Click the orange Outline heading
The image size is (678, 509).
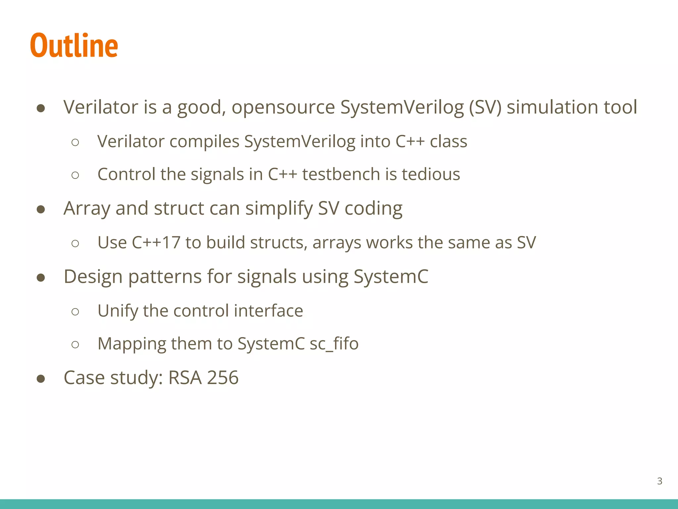[74, 45]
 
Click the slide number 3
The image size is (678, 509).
[659, 481]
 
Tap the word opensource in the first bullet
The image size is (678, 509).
[283, 107]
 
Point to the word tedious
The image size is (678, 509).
[431, 174]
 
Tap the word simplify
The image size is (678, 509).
[279, 208]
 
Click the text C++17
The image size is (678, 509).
[156, 243]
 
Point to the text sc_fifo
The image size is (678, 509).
[334, 344]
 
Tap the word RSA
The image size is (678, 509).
[185, 378]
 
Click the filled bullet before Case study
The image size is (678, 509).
[41, 378]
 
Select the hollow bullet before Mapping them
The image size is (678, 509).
[75, 345]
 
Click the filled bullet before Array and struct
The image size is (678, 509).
[41, 209]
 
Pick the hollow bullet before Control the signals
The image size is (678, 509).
[75, 175]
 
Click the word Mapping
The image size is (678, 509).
[132, 344]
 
